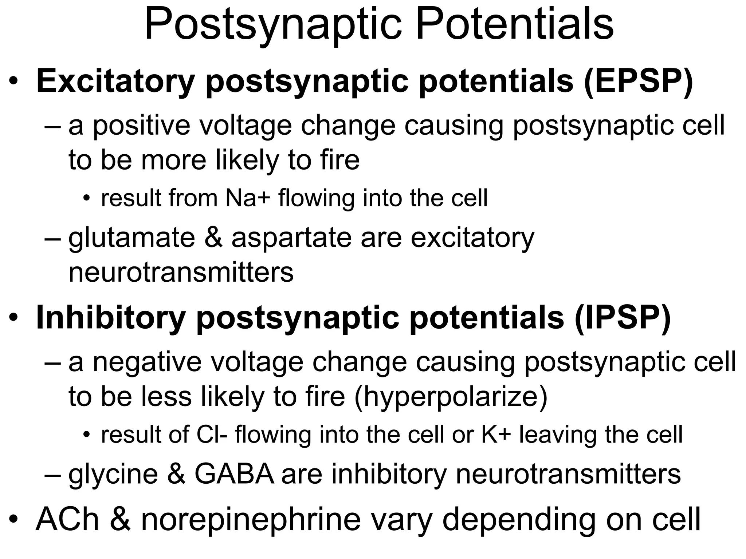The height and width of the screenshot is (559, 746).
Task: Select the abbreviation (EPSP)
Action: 637,82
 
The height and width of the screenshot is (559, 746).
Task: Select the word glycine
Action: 113,475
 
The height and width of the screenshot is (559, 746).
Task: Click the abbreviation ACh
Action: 67,519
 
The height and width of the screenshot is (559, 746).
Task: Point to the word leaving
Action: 558,435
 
